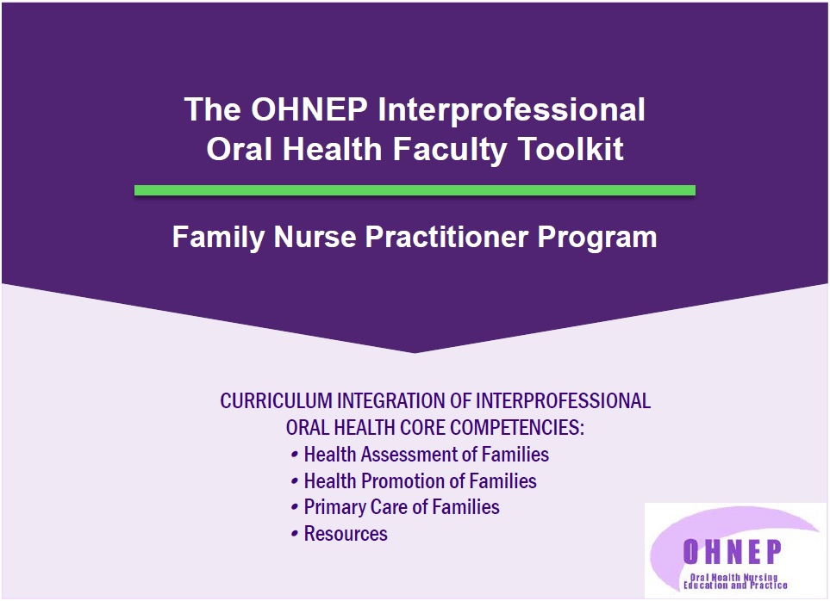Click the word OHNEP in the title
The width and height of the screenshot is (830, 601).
tap(309, 109)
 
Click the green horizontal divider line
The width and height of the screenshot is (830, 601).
tap(415, 190)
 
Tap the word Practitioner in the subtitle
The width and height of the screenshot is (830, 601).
tap(447, 237)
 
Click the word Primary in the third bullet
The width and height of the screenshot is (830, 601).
tap(334, 507)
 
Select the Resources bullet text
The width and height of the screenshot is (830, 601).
tap(346, 534)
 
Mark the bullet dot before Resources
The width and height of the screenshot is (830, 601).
tap(295, 535)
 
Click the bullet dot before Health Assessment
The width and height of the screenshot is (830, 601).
tap(295, 455)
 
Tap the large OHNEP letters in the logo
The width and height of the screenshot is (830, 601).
tap(732, 552)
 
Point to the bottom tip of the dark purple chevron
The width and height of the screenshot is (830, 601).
tap(415, 352)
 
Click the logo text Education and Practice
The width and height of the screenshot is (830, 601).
tap(735, 586)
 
